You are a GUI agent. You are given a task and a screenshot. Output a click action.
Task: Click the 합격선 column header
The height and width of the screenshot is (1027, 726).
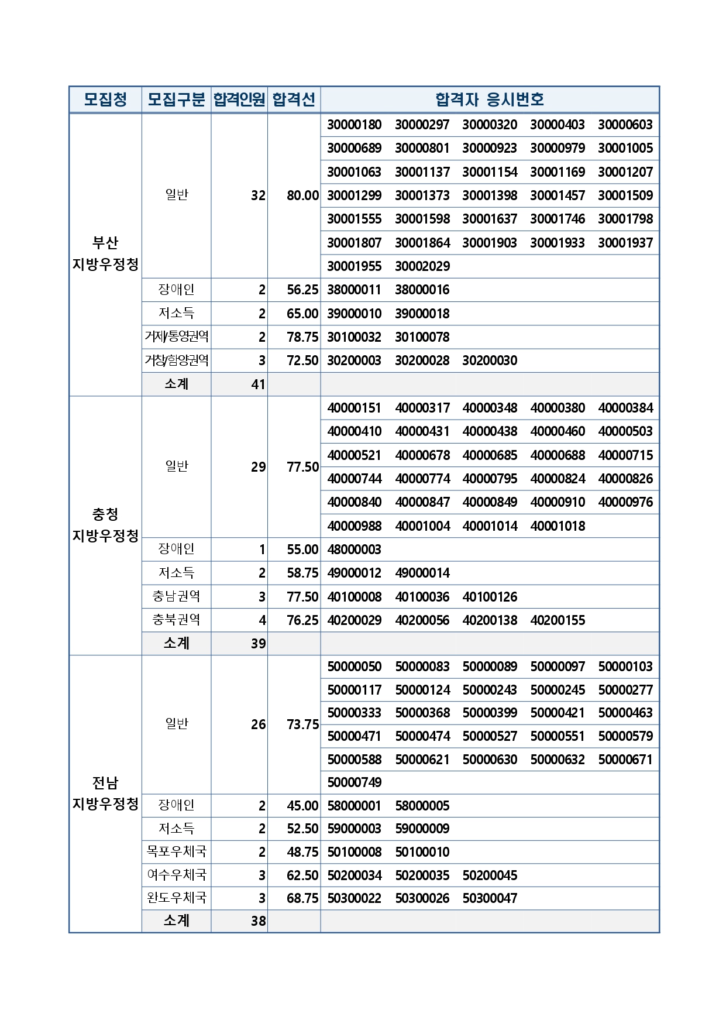click(x=294, y=99)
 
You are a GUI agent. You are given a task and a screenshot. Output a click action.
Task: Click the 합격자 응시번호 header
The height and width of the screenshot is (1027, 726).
click(x=490, y=99)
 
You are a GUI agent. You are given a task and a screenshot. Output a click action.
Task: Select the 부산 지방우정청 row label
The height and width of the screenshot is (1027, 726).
click(x=105, y=253)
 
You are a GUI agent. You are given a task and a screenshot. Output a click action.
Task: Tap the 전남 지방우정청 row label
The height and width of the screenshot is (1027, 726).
click(x=105, y=793)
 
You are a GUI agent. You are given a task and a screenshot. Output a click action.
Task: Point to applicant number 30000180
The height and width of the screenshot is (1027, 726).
click(x=354, y=125)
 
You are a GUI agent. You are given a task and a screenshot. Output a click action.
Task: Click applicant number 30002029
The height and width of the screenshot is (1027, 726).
click(x=422, y=266)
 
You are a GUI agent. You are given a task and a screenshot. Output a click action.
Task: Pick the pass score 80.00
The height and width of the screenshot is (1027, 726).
click(x=302, y=195)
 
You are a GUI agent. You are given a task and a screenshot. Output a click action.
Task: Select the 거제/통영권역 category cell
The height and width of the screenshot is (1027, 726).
click(x=176, y=336)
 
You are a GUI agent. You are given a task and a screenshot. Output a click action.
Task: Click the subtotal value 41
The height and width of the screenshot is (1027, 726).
click(x=258, y=384)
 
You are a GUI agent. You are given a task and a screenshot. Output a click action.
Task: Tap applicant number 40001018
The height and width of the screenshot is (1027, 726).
click(x=558, y=526)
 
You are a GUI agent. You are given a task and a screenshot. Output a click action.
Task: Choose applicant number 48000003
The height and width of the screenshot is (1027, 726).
click(x=354, y=549)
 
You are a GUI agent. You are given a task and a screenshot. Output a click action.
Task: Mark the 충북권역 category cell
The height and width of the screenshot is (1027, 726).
click(x=176, y=620)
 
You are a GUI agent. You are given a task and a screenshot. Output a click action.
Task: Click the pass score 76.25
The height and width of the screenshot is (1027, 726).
click(x=302, y=620)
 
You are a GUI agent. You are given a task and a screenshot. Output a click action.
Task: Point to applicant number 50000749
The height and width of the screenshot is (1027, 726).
click(x=354, y=782)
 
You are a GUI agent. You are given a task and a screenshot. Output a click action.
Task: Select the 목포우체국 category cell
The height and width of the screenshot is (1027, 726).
click(x=176, y=851)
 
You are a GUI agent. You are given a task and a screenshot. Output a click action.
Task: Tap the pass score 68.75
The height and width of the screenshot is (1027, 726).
click(x=302, y=898)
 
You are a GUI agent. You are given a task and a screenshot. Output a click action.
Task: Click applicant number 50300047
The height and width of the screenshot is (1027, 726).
click(x=490, y=898)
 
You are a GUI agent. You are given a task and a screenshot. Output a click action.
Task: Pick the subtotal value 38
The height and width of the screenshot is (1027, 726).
click(x=258, y=921)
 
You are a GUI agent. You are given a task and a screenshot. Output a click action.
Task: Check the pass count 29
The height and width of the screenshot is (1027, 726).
click(x=258, y=467)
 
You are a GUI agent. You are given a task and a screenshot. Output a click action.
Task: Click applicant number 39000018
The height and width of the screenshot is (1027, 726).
click(x=422, y=314)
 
